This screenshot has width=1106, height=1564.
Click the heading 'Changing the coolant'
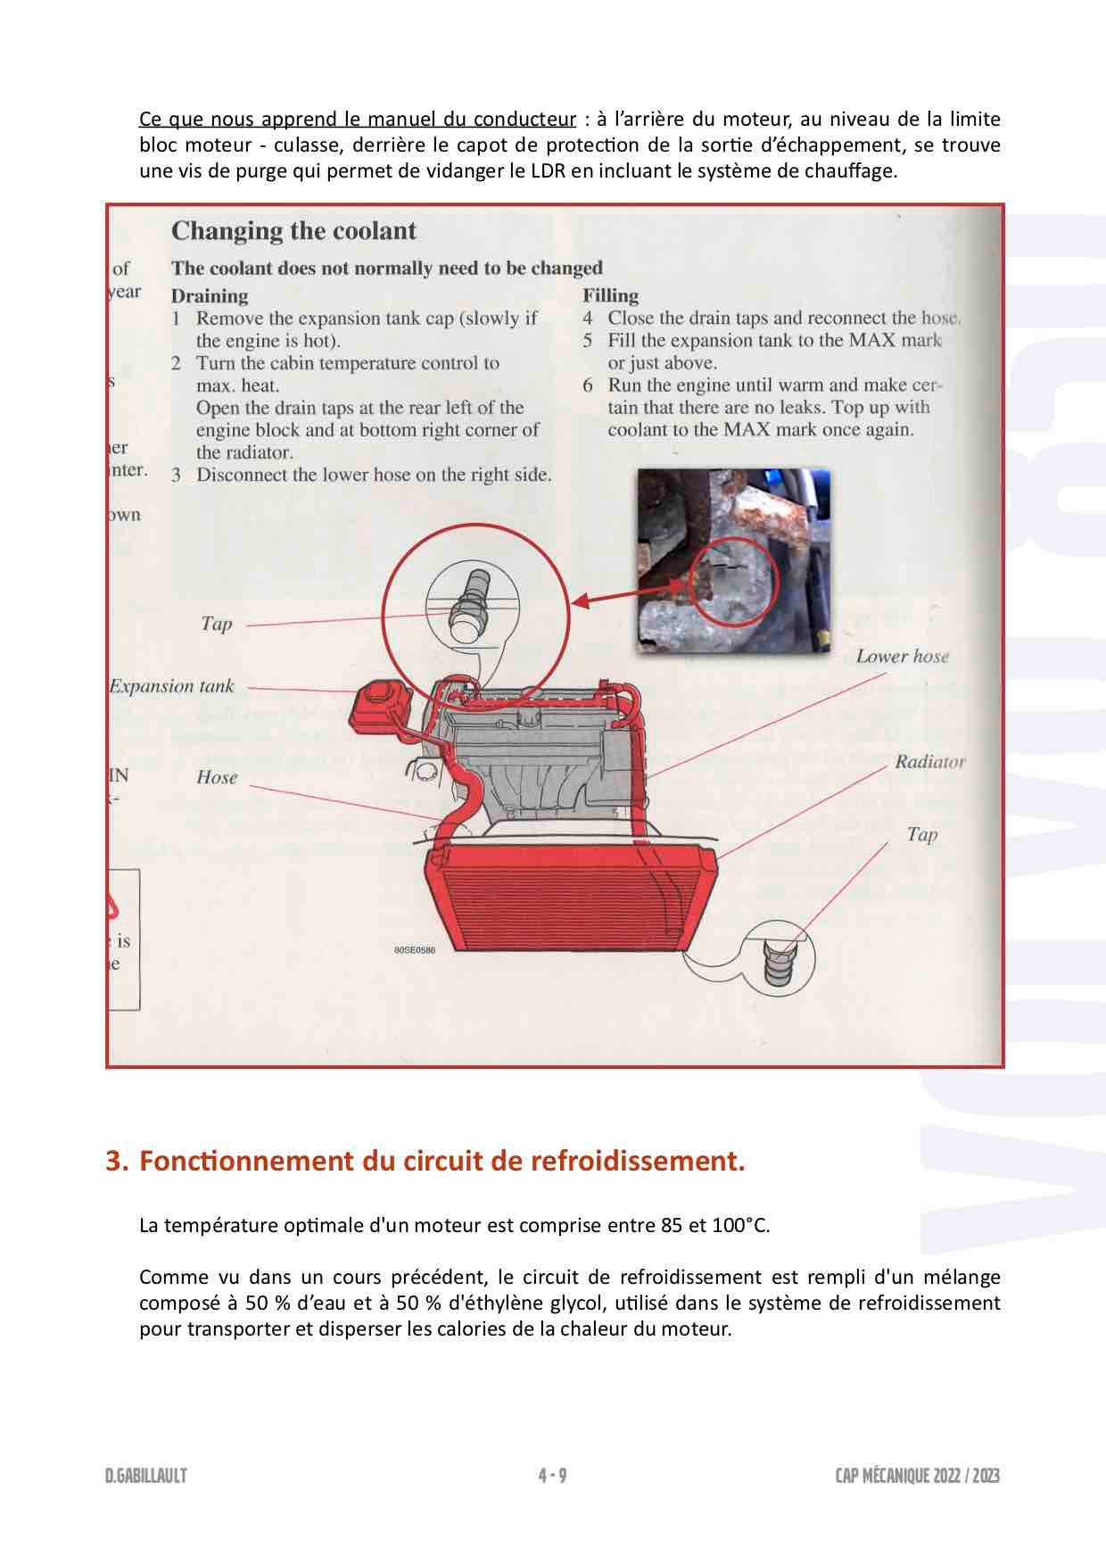[x=293, y=231]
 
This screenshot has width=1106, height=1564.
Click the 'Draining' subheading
[x=210, y=295]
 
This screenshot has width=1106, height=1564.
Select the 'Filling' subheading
[x=610, y=295]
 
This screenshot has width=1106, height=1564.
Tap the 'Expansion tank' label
[x=171, y=686]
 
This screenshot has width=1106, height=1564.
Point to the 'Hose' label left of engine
[x=217, y=777]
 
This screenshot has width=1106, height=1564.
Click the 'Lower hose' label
[x=902, y=657]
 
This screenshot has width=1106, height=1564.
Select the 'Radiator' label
[x=929, y=762]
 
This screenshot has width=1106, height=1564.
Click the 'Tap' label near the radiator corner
[x=921, y=834]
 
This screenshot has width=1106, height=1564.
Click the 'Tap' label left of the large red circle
[x=216, y=624]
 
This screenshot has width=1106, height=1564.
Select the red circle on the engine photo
[x=736, y=580]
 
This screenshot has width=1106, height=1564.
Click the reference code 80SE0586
[x=414, y=950]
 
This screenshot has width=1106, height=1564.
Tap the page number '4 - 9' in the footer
[x=552, y=1476]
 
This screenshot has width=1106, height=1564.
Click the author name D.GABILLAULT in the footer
[x=145, y=1476]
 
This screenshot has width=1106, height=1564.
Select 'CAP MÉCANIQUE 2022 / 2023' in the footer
[x=917, y=1476]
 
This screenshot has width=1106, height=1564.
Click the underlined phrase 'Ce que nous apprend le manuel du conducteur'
[x=357, y=120]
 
